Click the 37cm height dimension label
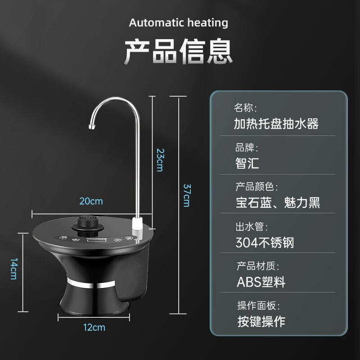(186, 194)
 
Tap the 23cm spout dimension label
(159, 159)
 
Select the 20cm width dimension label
(91, 201)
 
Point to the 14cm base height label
(14, 269)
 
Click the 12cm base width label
(94, 327)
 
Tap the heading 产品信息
(179, 51)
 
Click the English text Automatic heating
(179, 22)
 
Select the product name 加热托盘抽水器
(276, 124)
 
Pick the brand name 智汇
(247, 162)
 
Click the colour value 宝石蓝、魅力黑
(278, 202)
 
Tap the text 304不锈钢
(265, 243)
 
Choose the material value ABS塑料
(261, 282)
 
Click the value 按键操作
(261, 321)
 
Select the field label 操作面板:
(258, 306)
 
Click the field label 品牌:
(247, 148)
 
